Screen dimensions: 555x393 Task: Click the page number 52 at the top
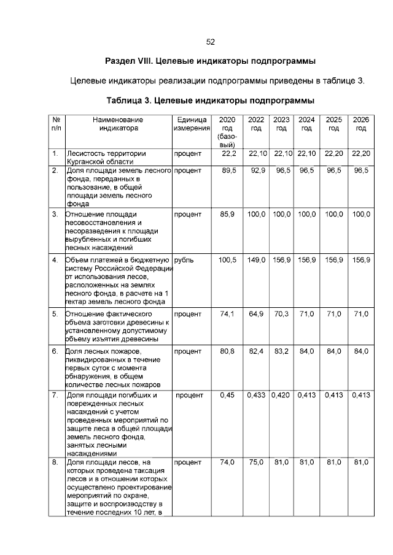pos(210,42)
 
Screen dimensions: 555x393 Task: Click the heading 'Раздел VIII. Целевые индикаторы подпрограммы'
pos(210,61)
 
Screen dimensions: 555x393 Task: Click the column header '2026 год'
pos(360,124)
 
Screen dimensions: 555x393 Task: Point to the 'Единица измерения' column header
pos(192,124)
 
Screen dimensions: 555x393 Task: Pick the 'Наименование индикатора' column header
pos(118,124)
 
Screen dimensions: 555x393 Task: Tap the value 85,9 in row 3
pos(228,214)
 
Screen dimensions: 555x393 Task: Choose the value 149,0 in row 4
pos(256,260)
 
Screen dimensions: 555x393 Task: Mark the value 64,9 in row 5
pos(257,314)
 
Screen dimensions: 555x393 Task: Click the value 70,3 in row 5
pos(281,314)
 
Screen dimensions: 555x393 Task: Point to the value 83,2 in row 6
pos(281,351)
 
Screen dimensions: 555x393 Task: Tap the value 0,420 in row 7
pos(281,396)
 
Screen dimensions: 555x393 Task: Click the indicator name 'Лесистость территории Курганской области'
pos(106,156)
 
